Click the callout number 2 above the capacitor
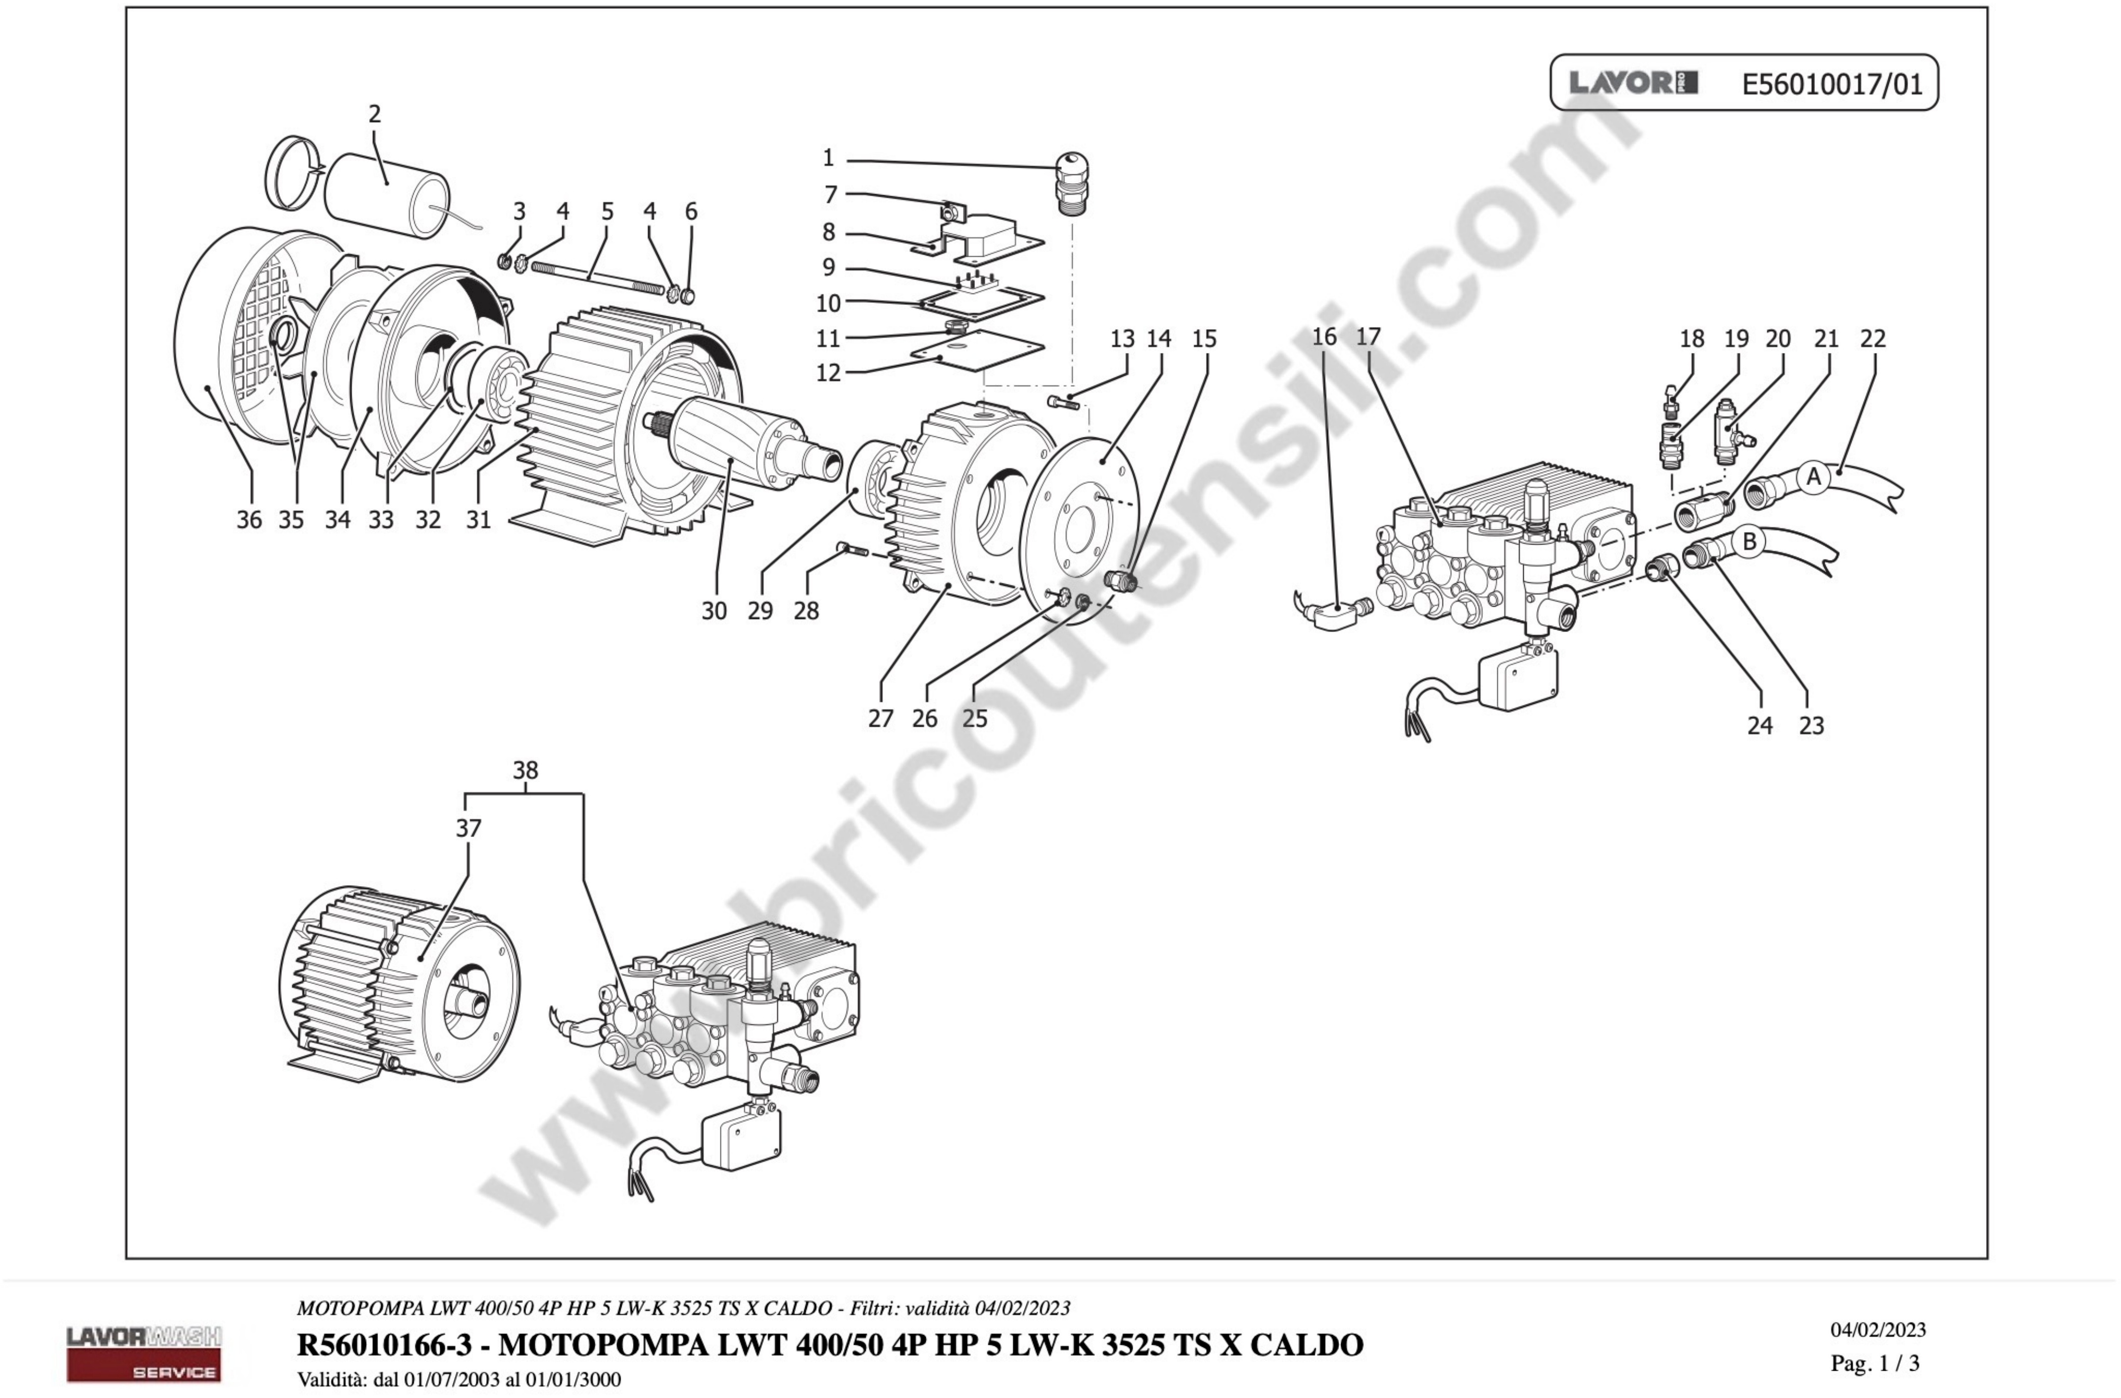pos(374,114)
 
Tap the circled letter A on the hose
pos(1813,478)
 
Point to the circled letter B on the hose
pos(1749,541)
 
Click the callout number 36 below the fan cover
pos(249,520)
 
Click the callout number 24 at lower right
pos(1759,726)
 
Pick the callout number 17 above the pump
pos(1368,337)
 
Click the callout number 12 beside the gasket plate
pos(828,373)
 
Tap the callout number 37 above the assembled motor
pos(469,828)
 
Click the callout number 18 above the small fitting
pos(1691,339)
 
